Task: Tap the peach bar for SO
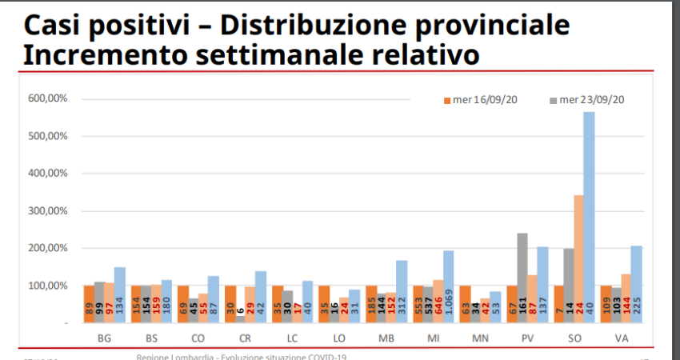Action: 577,256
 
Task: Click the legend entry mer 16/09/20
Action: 475,100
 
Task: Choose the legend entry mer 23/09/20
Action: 586,100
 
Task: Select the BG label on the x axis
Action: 104,338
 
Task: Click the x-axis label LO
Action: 339,338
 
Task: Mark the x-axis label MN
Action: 480,338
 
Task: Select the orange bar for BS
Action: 135,304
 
